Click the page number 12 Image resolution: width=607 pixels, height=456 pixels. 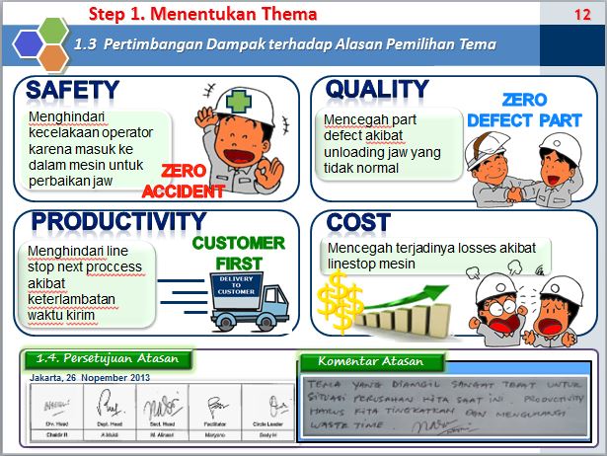coord(580,14)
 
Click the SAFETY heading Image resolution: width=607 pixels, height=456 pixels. coord(72,90)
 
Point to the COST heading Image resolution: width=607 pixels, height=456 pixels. coord(358,222)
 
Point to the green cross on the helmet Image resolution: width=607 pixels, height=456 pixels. coord(237,102)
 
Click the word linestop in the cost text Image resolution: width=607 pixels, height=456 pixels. coord(351,265)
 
